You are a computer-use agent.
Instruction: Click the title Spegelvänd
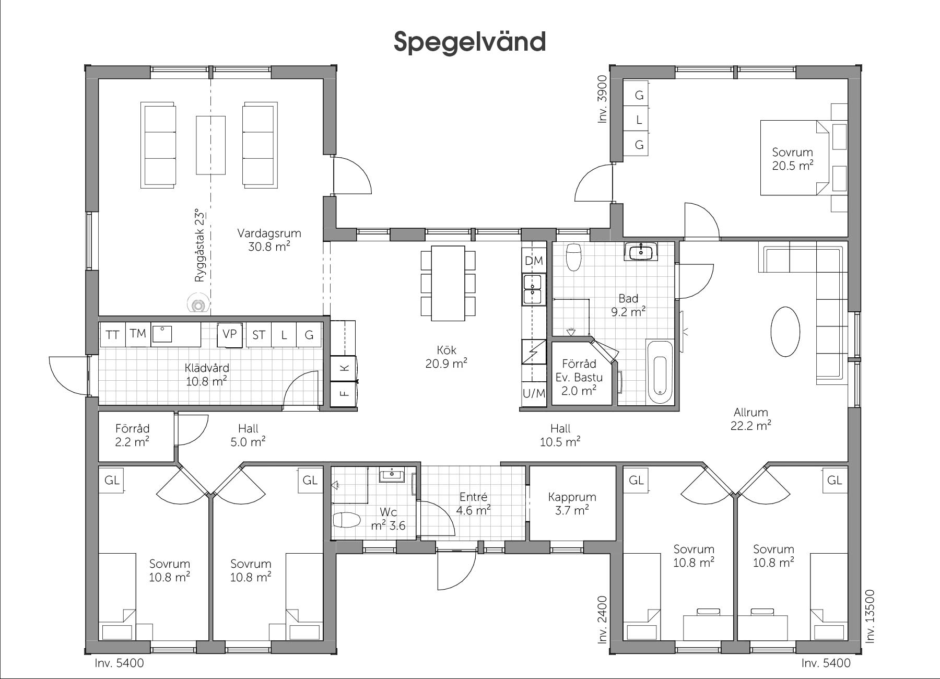pyautogui.click(x=469, y=42)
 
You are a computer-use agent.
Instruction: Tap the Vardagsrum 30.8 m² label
pyautogui.click(x=269, y=240)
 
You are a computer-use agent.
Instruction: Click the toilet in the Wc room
pyautogui.click(x=347, y=520)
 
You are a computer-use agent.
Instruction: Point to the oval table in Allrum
pyautogui.click(x=785, y=332)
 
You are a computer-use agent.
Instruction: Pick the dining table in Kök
pyautogui.click(x=448, y=283)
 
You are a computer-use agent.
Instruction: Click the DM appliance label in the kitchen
pyautogui.click(x=534, y=261)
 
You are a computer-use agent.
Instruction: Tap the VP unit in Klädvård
pyautogui.click(x=230, y=334)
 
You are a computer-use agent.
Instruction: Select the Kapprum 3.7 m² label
pyautogui.click(x=572, y=504)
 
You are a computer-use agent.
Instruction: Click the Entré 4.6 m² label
pyautogui.click(x=473, y=504)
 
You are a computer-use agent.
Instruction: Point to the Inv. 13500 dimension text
pyautogui.click(x=869, y=616)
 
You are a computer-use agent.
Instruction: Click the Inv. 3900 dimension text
pyautogui.click(x=603, y=99)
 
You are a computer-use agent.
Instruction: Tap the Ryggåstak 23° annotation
pyautogui.click(x=200, y=244)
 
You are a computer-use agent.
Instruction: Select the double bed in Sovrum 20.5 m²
pyautogui.click(x=794, y=158)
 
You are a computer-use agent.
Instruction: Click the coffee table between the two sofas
pyautogui.click(x=211, y=145)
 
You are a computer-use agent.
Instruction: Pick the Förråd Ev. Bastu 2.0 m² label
pyautogui.click(x=579, y=377)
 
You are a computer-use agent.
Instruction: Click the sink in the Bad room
pyautogui.click(x=641, y=252)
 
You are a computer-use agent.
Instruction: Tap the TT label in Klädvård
pyautogui.click(x=112, y=335)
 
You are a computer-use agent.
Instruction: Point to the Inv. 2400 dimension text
pyautogui.click(x=603, y=620)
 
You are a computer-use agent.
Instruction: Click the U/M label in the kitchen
pyautogui.click(x=534, y=393)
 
